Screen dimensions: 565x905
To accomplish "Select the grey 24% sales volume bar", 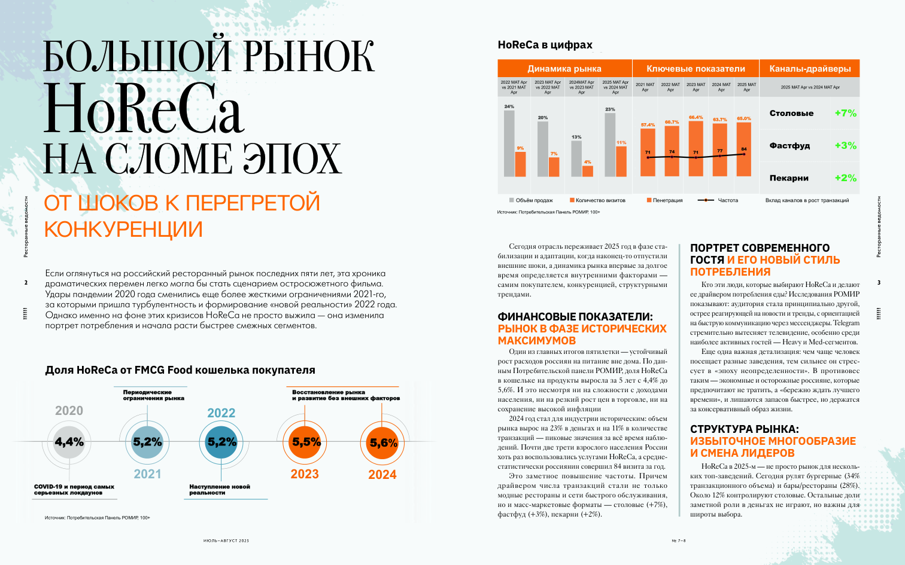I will [509, 143].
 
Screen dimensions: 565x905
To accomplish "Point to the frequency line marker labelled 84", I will [744, 154].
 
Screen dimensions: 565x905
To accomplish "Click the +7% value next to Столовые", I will [845, 113].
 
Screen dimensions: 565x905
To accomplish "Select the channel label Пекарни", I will [789, 178].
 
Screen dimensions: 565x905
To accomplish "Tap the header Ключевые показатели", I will [696, 69].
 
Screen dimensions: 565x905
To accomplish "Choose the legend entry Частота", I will [728, 200].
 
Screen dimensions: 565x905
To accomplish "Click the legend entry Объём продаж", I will [534, 200].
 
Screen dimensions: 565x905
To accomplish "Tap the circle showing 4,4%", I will [69, 442].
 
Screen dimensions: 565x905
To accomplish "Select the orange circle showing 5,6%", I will [383, 443].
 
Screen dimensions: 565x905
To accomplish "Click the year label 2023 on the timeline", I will [305, 474].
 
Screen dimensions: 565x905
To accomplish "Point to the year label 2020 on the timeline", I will [69, 411].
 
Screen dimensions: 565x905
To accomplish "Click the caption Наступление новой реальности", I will [219, 490].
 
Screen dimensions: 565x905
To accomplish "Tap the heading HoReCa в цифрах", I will [545, 45].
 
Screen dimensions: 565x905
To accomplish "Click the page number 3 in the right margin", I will [879, 282].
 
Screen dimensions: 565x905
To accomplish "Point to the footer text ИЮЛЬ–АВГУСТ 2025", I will [226, 540].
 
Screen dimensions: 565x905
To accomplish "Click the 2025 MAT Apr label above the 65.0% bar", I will [746, 87].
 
